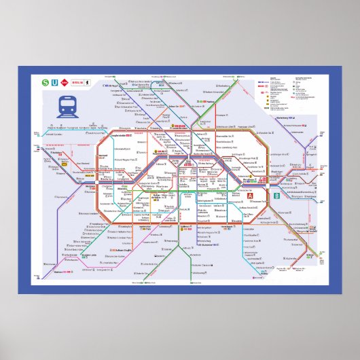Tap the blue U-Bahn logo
[x=56, y=83]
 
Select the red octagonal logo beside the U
[x=67, y=83]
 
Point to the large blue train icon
[x=68, y=106]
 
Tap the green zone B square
[x=276, y=196]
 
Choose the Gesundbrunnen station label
[x=196, y=125]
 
